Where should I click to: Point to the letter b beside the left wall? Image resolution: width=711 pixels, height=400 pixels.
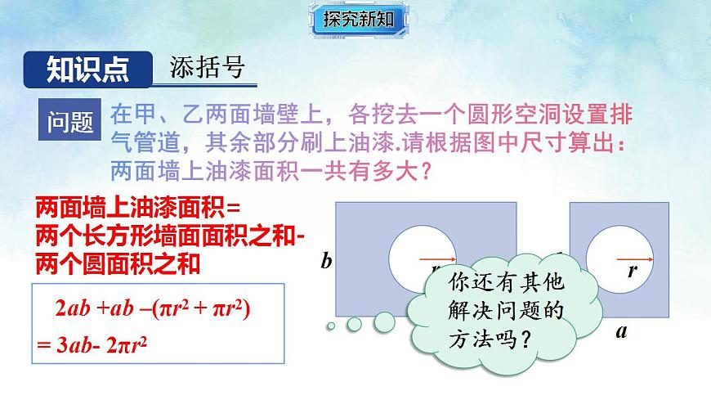(326, 262)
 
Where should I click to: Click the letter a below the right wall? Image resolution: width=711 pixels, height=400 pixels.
(621, 331)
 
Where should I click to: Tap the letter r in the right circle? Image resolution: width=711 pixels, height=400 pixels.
(632, 272)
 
